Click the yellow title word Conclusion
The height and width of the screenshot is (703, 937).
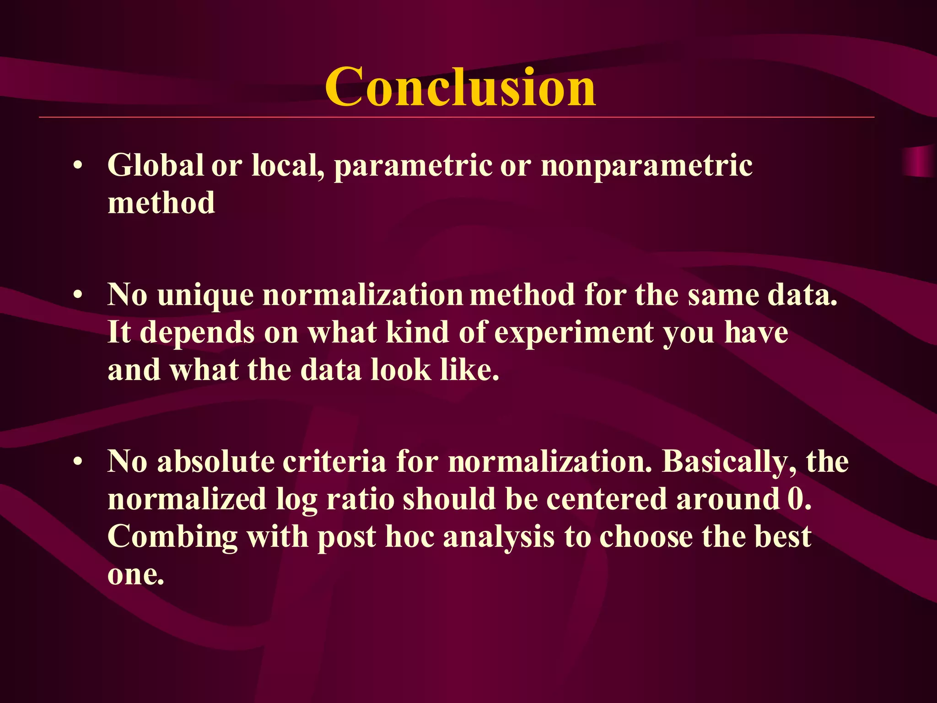[460, 87]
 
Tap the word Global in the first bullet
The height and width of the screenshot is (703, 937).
[155, 165]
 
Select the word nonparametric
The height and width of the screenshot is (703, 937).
[646, 166]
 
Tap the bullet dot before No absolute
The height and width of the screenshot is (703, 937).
[78, 463]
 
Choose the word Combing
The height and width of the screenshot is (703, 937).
[172, 537]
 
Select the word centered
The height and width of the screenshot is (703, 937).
[606, 499]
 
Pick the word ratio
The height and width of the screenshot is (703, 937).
[360, 499]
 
